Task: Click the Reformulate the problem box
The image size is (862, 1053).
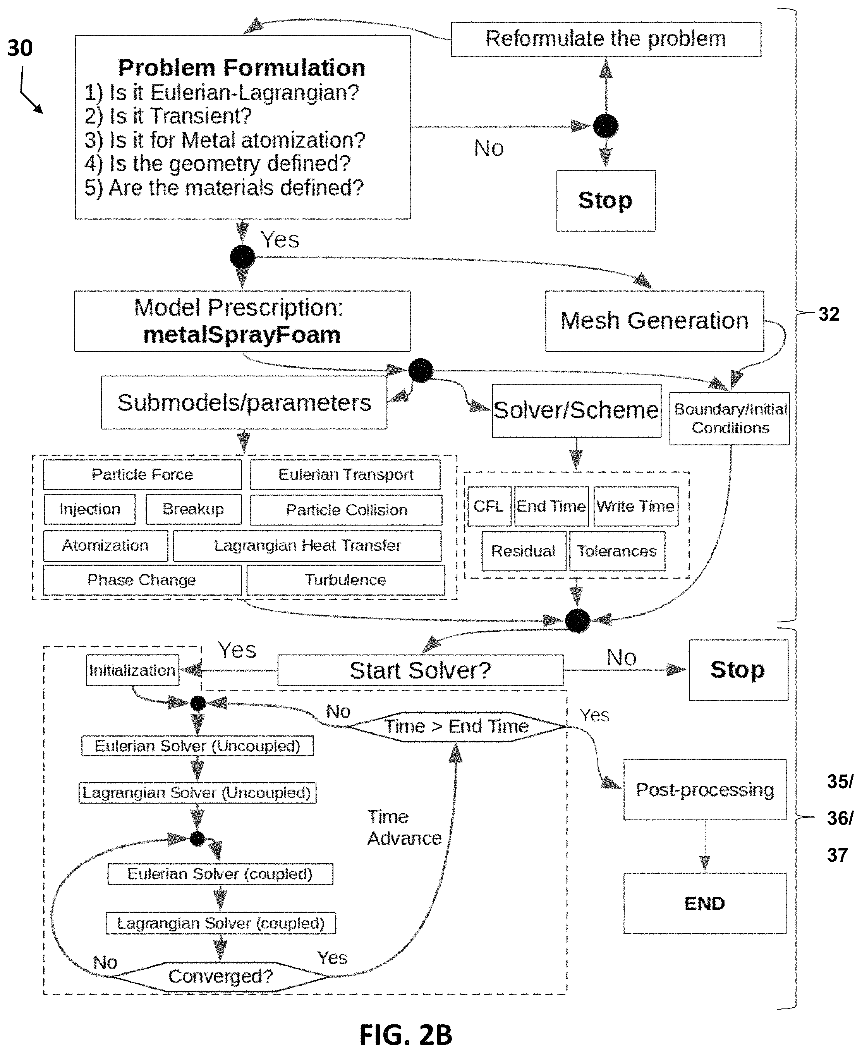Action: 606,39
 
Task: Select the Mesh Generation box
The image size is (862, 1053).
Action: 654,321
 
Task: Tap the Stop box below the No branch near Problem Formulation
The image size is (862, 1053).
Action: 606,201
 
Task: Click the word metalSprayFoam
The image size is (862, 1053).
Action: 242,335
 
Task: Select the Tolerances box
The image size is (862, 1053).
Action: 617,551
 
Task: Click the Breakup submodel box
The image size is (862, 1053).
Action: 194,509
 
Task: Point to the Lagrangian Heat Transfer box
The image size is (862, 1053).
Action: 307,546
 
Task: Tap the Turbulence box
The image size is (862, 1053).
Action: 345,580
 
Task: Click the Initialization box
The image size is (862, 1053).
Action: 132,670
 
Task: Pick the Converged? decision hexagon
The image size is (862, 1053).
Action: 221,977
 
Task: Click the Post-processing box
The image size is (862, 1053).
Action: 705,789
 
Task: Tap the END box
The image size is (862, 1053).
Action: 705,904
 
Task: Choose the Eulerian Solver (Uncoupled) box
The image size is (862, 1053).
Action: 197,746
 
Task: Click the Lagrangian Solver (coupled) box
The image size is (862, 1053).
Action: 221,923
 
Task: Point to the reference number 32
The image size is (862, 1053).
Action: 829,314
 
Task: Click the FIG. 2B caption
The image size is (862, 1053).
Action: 406,1035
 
